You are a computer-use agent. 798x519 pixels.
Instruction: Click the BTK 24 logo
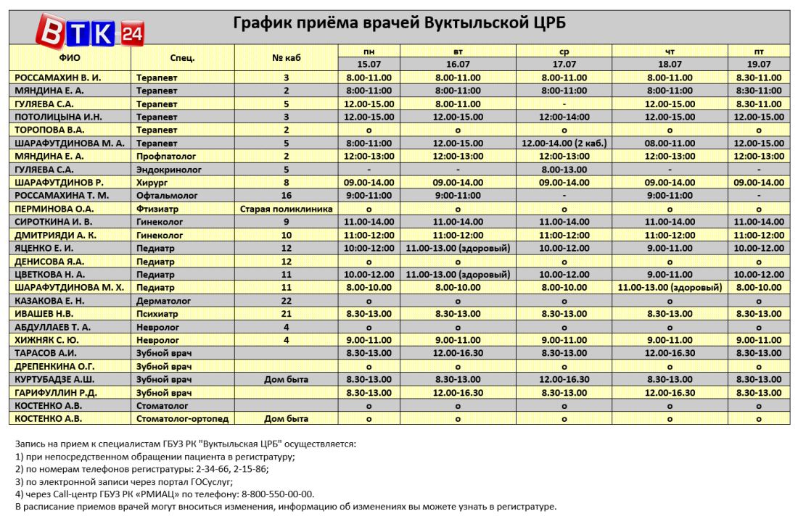91,32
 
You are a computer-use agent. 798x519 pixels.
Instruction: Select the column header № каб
286,57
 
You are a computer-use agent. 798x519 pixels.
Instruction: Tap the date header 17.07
564,64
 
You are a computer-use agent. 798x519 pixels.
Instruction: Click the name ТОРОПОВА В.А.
45,130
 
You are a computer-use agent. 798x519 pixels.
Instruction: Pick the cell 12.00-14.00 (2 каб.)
564,143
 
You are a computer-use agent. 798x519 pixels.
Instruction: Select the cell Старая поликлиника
286,209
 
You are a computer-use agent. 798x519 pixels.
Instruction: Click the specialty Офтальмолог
165,196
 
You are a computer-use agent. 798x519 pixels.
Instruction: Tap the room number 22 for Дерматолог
286,300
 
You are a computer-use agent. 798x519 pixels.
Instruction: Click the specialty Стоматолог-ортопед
183,418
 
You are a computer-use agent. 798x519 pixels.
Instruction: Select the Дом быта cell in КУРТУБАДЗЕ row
286,379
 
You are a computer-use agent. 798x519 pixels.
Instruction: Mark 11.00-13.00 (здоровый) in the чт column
670,287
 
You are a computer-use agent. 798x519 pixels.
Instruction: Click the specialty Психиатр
159,313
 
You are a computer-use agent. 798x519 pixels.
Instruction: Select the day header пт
758,51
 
